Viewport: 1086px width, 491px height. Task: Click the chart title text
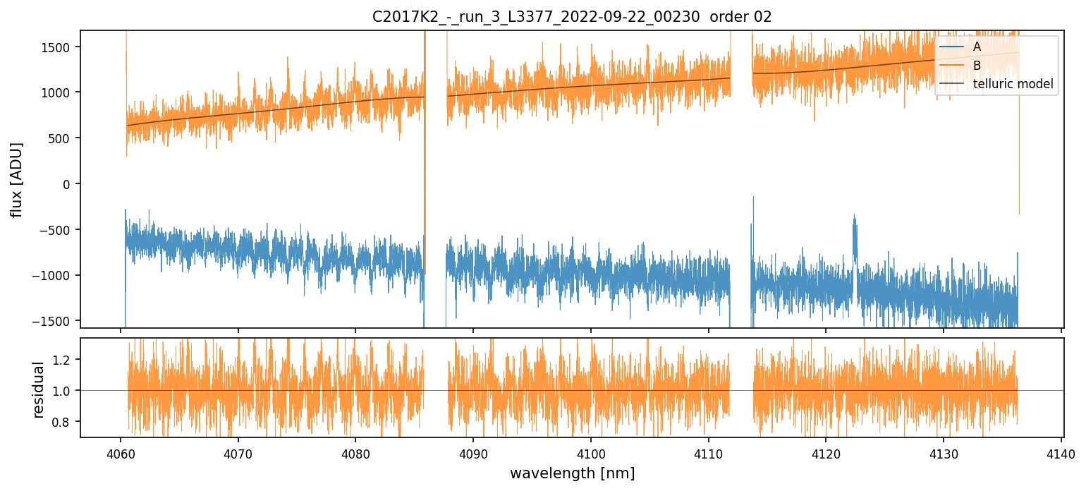pyautogui.click(x=572, y=17)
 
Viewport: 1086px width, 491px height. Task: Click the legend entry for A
pyautogui.click(x=977, y=47)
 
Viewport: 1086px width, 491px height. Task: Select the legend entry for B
pyautogui.click(x=977, y=66)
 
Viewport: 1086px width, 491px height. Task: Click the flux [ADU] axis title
pyautogui.click(x=16, y=179)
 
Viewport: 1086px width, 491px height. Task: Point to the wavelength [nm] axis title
pyautogui.click(x=572, y=473)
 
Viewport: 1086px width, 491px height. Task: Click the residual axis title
pyautogui.click(x=39, y=389)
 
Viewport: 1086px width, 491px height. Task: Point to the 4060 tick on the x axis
pyautogui.click(x=121, y=454)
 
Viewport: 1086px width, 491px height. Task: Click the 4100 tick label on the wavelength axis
pyautogui.click(x=591, y=454)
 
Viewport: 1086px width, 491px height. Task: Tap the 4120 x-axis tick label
pyautogui.click(x=826, y=454)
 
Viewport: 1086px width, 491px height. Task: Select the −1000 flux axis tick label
pyautogui.click(x=56, y=276)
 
